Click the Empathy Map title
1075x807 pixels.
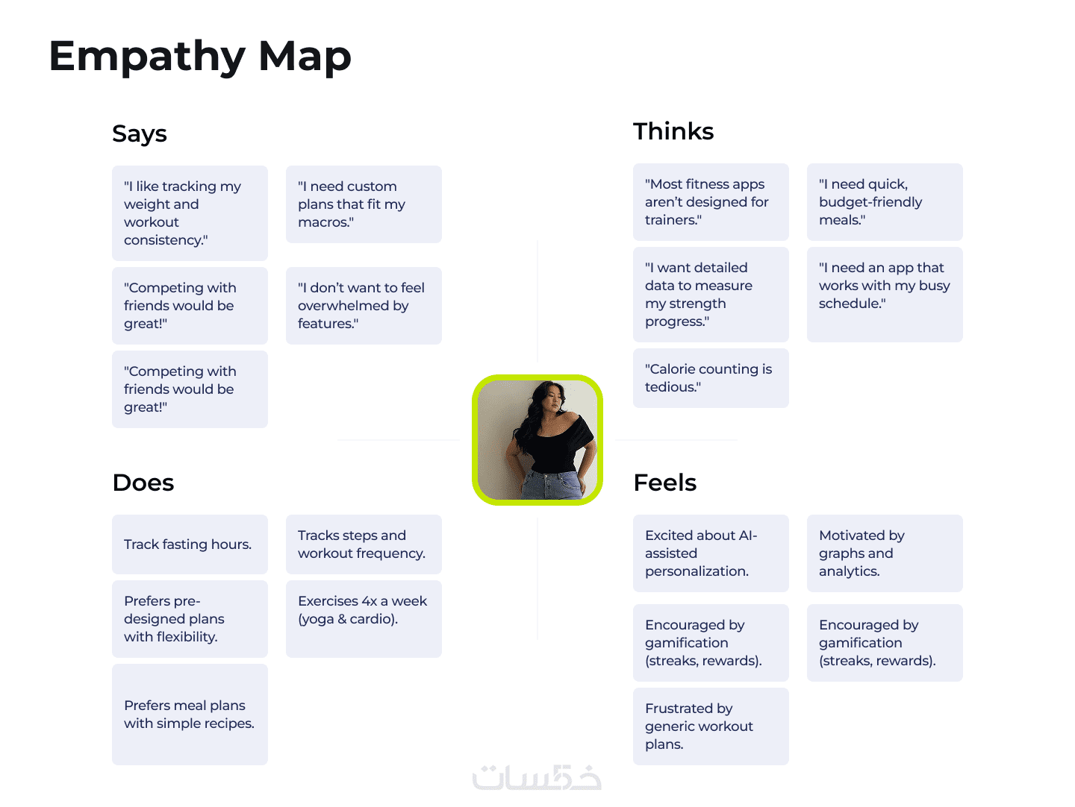pyautogui.click(x=200, y=57)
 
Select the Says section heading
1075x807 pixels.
pyautogui.click(x=140, y=134)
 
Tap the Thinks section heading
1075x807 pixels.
pyautogui.click(x=673, y=132)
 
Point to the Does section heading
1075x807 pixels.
pyautogui.click(x=143, y=483)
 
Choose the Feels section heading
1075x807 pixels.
pyautogui.click(x=664, y=483)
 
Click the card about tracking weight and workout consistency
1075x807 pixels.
pyautogui.click(x=190, y=213)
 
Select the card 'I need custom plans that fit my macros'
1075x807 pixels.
pyautogui.click(x=364, y=204)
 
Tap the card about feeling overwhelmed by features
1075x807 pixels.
pyautogui.click(x=364, y=306)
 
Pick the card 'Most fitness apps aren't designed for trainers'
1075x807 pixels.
pyautogui.click(x=711, y=202)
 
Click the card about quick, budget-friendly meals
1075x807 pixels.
pyautogui.click(x=885, y=202)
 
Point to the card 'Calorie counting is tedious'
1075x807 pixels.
pyautogui.click(x=711, y=378)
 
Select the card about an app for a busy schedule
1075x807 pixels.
pyautogui.click(x=885, y=294)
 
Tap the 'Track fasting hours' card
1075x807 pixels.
pyautogui.click(x=190, y=544)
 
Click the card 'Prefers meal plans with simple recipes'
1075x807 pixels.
pyautogui.click(x=190, y=715)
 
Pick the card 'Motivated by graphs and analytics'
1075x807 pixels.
pyautogui.click(x=885, y=553)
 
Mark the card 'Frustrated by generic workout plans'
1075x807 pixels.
pyautogui.click(x=711, y=726)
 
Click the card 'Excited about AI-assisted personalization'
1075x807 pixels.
pyautogui.click(x=711, y=553)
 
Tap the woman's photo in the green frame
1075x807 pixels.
pyautogui.click(x=537, y=440)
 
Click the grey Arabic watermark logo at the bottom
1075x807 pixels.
pyautogui.click(x=537, y=777)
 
